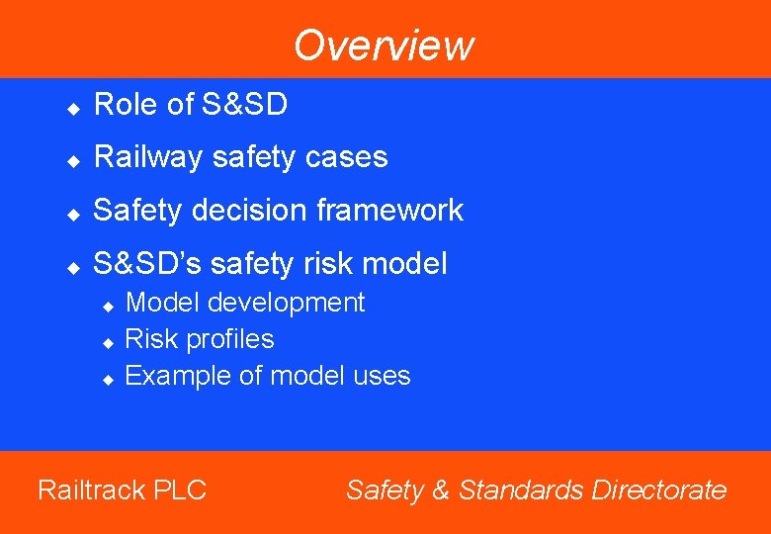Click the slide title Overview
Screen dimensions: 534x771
(x=384, y=45)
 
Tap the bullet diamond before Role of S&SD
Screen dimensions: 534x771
(x=72, y=106)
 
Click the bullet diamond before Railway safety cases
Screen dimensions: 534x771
(x=72, y=159)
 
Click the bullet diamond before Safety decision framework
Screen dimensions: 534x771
(x=72, y=213)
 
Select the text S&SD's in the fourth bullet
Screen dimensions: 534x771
(x=146, y=263)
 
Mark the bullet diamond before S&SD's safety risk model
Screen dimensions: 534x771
(x=72, y=266)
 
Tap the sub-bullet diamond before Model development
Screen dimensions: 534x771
(x=110, y=306)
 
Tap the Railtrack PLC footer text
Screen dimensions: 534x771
(x=122, y=489)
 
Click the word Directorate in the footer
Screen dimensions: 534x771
(x=659, y=489)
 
